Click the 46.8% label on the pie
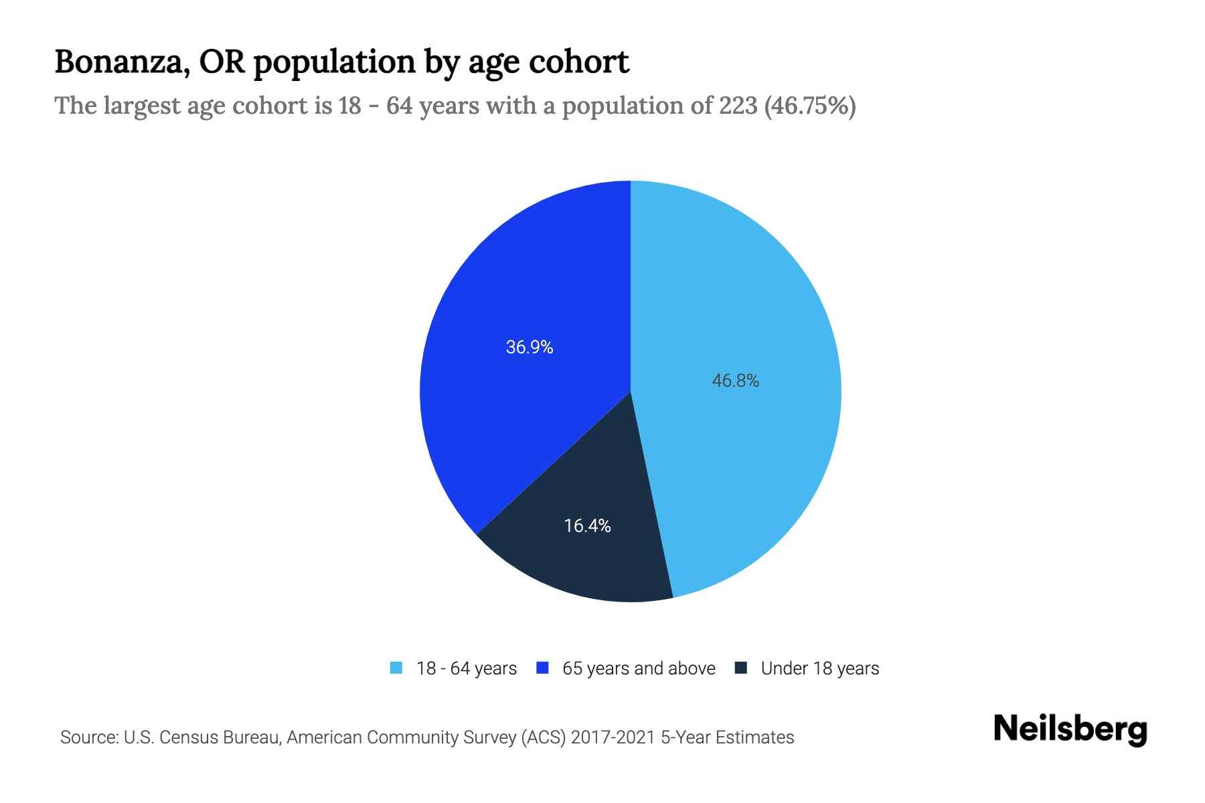click(x=735, y=381)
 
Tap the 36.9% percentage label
click(x=529, y=347)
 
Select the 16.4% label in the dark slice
click(x=587, y=526)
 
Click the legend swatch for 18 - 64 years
click(x=396, y=668)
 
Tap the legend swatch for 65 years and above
click(x=543, y=668)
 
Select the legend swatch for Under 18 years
click(x=741, y=668)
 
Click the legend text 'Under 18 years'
click(x=819, y=668)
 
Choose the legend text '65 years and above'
click(x=639, y=668)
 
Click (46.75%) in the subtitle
click(x=810, y=106)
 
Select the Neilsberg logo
click(x=1070, y=729)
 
